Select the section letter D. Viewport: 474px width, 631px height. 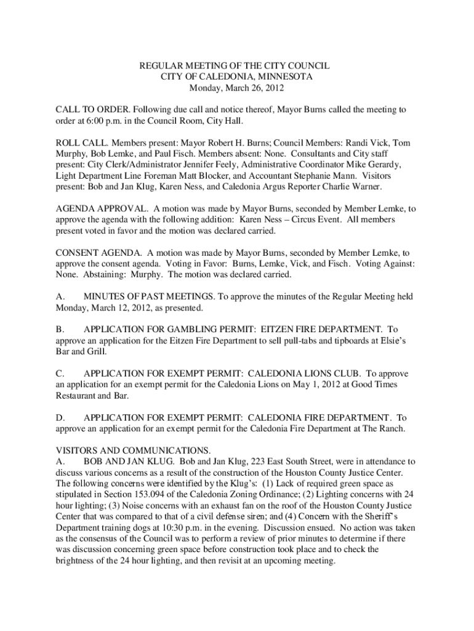pos(60,418)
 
